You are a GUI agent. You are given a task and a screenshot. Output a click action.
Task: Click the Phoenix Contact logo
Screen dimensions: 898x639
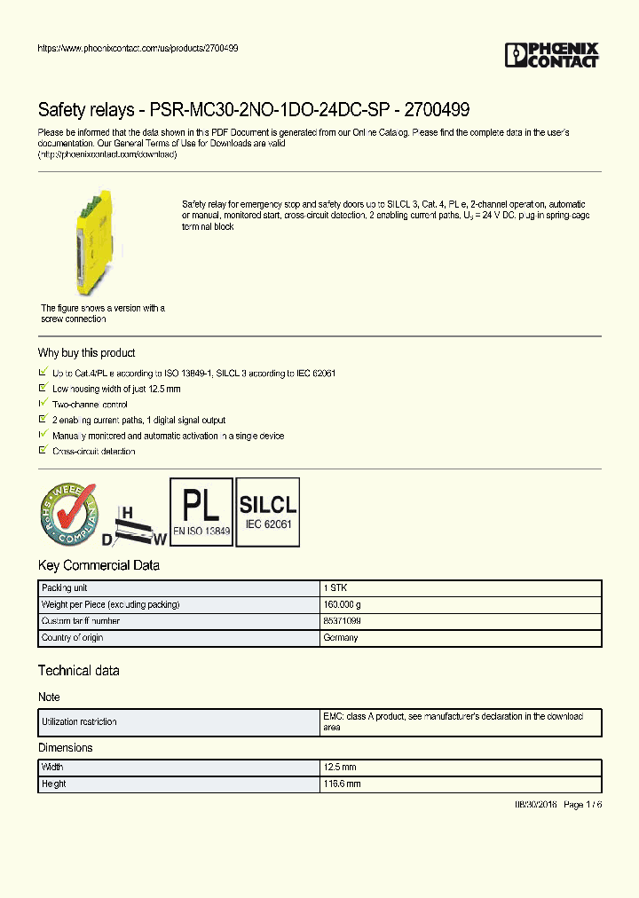[x=552, y=55]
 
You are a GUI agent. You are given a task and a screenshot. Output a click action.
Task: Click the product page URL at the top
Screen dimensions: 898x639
[x=138, y=48]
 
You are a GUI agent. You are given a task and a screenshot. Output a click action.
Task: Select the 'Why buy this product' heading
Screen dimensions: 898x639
[x=86, y=352]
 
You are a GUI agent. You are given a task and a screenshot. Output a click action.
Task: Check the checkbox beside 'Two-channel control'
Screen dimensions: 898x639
[x=43, y=404]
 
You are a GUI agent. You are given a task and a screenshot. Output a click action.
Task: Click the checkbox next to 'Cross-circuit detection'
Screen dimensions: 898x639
[x=43, y=451]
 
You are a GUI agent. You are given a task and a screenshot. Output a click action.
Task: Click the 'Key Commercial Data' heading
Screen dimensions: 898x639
[x=99, y=565]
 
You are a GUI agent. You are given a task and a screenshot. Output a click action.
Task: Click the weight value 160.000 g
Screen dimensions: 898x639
[x=342, y=604]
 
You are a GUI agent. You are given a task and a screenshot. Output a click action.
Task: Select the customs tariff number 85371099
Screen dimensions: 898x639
[x=342, y=621]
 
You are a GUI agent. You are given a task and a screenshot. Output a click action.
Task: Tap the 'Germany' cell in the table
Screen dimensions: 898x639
[x=340, y=638]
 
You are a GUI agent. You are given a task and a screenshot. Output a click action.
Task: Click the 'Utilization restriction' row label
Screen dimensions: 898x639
[x=79, y=722]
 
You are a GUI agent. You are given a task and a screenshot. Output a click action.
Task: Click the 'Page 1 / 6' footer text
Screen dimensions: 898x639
[x=582, y=804]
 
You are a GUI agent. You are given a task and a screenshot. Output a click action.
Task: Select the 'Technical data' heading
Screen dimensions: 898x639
[x=78, y=670]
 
